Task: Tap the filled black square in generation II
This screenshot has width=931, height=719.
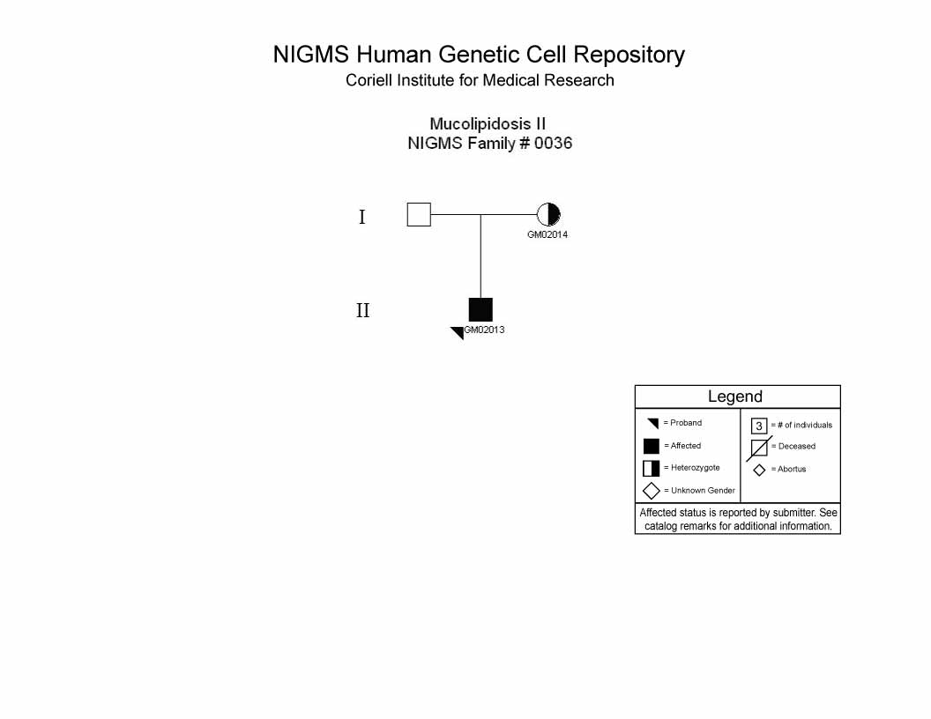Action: click(480, 309)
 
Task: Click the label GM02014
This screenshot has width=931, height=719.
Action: click(547, 234)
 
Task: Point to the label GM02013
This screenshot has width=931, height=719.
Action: click(485, 330)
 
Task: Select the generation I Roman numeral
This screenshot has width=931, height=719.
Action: click(362, 217)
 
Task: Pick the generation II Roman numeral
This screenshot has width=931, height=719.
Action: click(362, 310)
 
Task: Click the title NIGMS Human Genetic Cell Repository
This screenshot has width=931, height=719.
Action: click(479, 55)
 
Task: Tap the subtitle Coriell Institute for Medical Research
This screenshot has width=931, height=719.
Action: click(480, 80)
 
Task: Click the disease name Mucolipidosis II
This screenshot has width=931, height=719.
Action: click(488, 124)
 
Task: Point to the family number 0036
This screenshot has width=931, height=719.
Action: click(553, 143)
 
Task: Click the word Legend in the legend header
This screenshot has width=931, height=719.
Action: click(735, 397)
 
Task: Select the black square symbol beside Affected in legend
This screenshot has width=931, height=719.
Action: click(652, 446)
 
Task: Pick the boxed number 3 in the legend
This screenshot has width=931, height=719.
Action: click(759, 426)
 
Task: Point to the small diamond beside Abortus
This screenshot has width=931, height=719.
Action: click(759, 471)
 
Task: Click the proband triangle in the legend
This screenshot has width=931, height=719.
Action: click(653, 423)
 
